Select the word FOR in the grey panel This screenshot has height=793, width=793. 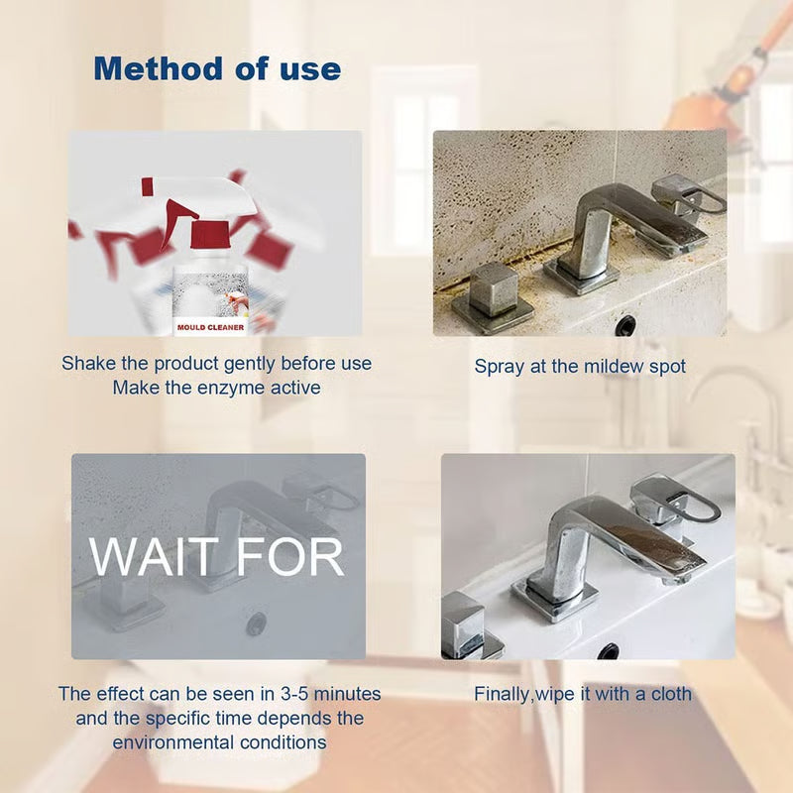pos(292,557)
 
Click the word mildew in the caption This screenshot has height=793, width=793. pos(599,366)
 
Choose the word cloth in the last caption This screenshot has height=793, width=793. pos(669,694)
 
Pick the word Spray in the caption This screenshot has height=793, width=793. pos(499,366)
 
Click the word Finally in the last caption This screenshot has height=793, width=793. pos(506,694)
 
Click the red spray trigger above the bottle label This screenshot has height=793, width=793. pos(209,235)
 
